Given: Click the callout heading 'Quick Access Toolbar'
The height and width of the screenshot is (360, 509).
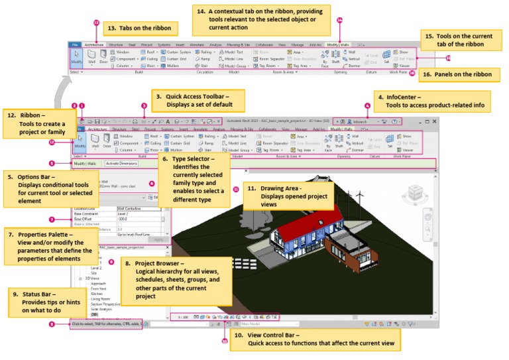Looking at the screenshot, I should [199, 97].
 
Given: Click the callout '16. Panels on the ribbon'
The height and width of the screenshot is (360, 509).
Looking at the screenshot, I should [457, 75].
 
